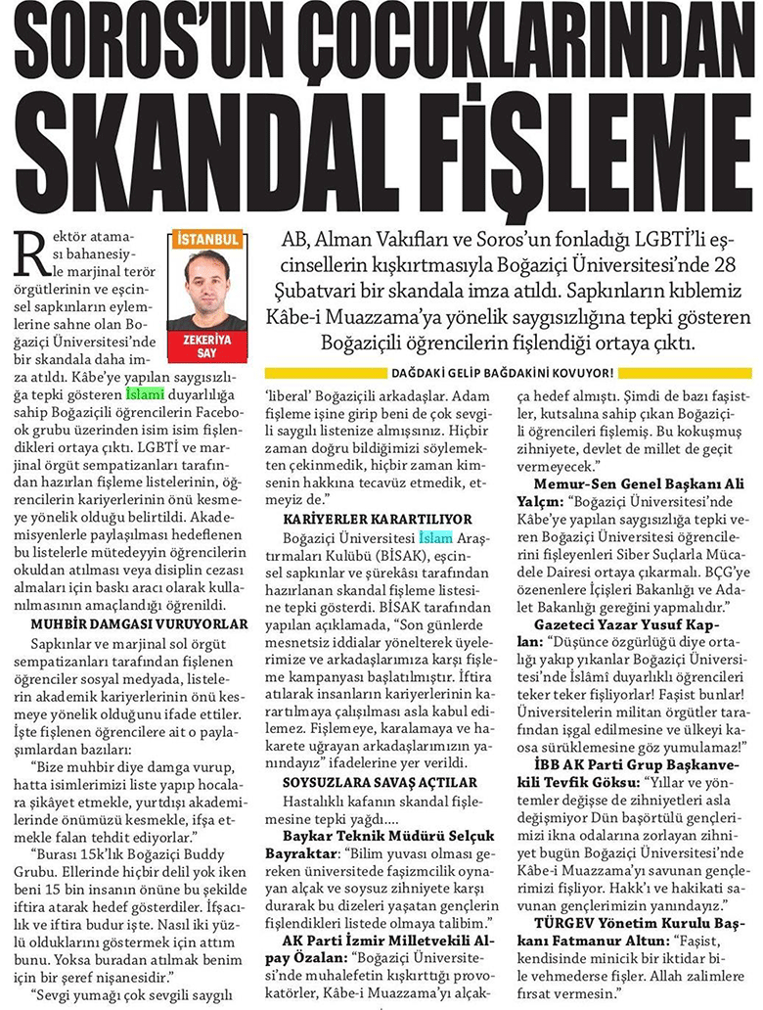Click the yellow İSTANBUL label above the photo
click(206, 238)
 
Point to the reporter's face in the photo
click(206, 276)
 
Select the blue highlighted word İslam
click(436, 538)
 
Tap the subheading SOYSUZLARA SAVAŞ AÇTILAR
click(366, 782)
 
